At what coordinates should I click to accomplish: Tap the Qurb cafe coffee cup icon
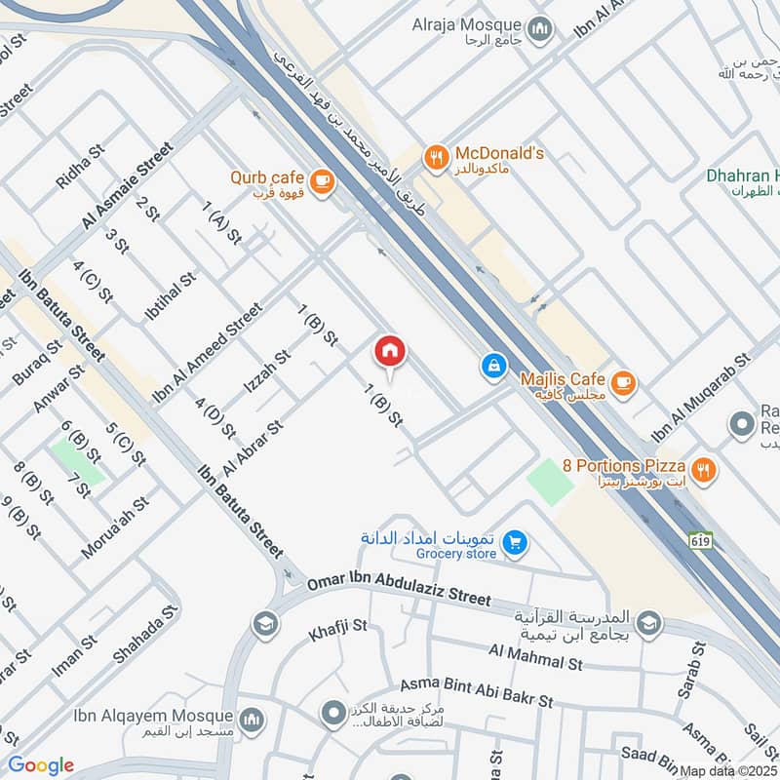(322, 180)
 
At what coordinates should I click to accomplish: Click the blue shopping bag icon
(494, 367)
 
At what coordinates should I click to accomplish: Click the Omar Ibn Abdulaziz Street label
(399, 590)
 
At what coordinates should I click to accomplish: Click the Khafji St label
(336, 630)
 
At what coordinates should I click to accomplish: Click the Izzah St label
(267, 371)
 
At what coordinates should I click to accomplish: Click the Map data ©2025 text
(726, 770)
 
